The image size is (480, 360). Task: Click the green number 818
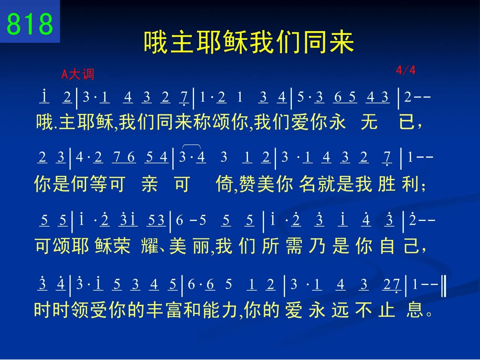point(30,24)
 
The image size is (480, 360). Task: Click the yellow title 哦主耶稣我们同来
point(249,42)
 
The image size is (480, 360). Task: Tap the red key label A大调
point(78,74)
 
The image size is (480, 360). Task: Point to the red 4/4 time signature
point(406,70)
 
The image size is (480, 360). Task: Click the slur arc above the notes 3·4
point(191,145)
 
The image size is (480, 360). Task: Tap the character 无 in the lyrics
point(369,122)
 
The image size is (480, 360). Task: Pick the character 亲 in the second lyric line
point(150,184)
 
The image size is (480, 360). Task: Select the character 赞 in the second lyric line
point(247,184)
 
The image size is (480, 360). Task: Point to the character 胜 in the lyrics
point(386,184)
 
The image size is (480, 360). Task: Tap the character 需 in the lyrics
point(294,246)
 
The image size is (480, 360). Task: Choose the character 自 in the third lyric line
point(387,246)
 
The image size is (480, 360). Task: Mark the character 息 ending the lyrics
point(414,309)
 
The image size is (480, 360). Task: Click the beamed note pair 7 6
point(124,157)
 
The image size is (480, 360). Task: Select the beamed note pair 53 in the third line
point(156,220)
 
